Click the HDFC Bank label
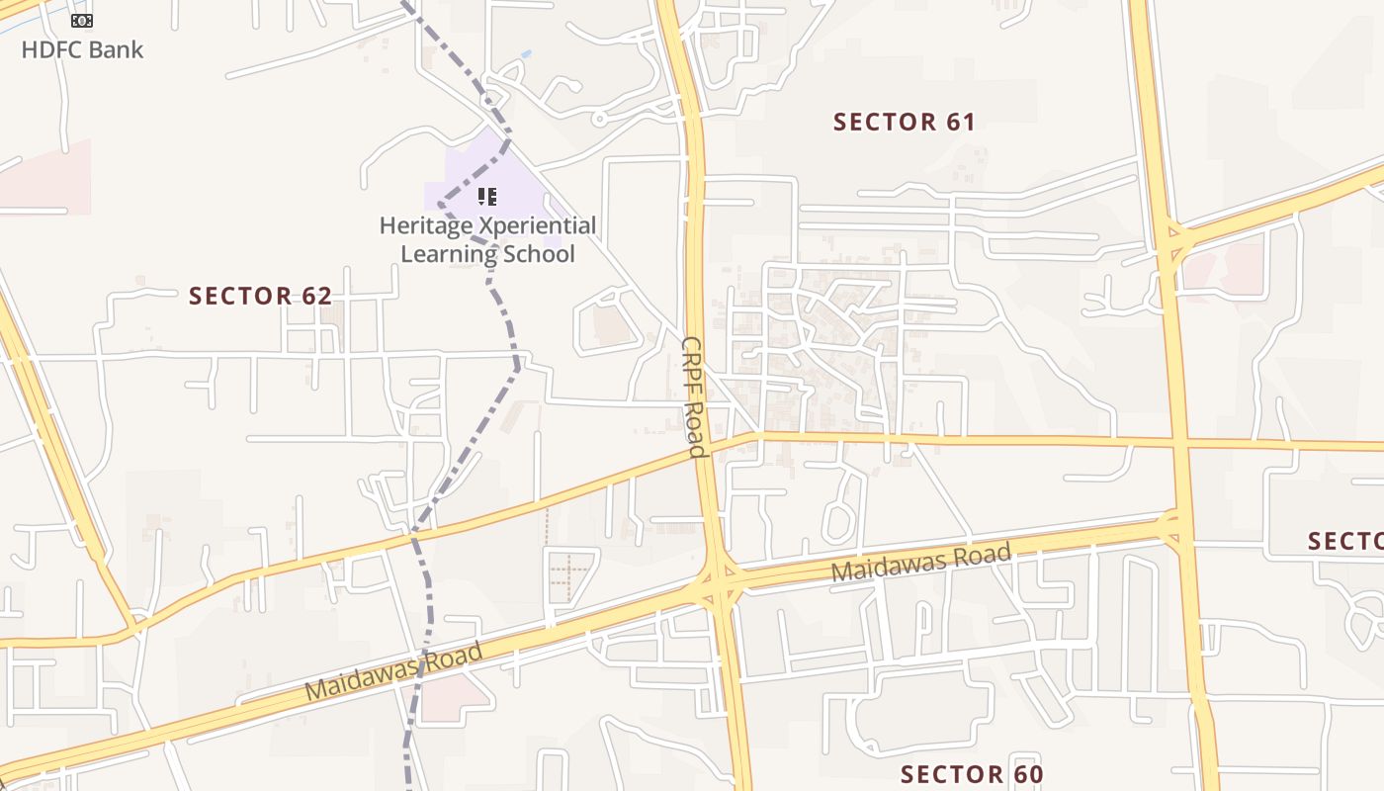[x=82, y=49]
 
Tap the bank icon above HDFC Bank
[x=82, y=20]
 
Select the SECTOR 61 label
[x=904, y=123]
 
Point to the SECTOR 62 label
[x=260, y=296]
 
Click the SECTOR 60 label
[x=972, y=774]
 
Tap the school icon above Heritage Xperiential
[x=486, y=197]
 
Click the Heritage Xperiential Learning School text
[x=487, y=239]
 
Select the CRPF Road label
[x=693, y=396]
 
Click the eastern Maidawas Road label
[x=920, y=562]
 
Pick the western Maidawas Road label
[x=393, y=671]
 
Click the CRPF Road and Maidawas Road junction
[x=719, y=584]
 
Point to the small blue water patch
[x=526, y=53]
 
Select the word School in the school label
[x=538, y=254]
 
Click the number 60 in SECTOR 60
[x=1027, y=774]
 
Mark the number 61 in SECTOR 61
[x=959, y=123]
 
